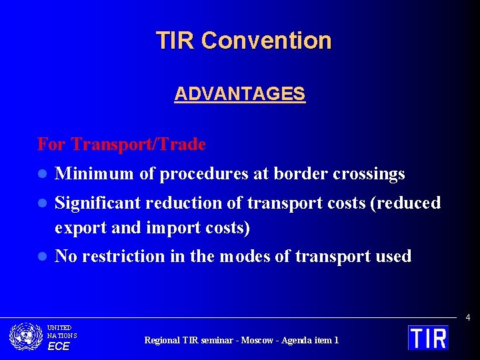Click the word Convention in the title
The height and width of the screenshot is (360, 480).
266,41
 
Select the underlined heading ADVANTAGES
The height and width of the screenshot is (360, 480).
239,94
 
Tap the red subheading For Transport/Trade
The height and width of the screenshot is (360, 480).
121,144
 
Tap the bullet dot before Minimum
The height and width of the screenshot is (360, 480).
41,175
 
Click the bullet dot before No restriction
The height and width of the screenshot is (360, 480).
41,257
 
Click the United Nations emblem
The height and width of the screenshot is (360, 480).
26,337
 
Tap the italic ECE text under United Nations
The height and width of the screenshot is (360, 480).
58,346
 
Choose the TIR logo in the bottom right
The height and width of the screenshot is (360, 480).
428,337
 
